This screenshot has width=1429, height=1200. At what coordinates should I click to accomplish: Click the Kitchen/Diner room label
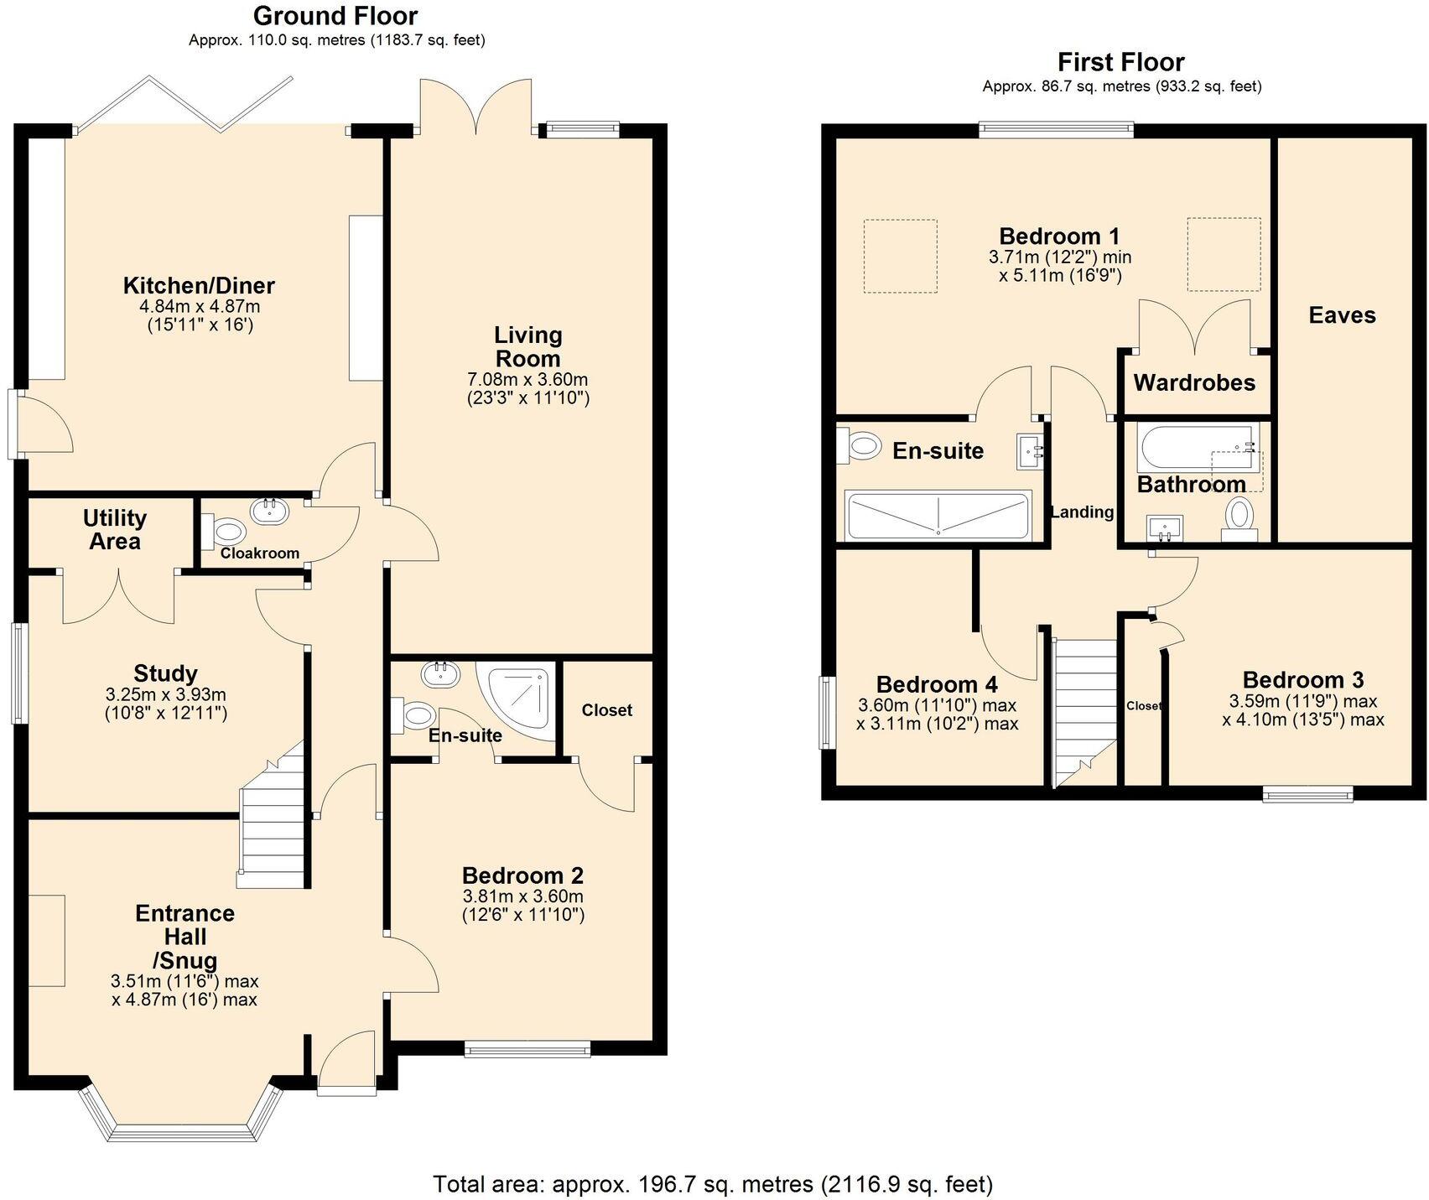(199, 285)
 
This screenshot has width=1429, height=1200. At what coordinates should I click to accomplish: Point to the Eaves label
(1342, 315)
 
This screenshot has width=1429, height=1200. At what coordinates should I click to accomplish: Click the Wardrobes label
(1194, 383)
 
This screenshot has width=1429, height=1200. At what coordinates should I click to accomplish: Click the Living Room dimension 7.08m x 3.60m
(527, 380)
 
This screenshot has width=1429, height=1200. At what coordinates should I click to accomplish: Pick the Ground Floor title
(335, 16)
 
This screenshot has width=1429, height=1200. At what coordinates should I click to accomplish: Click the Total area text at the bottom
(713, 1183)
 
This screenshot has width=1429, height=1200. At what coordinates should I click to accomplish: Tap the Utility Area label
(115, 529)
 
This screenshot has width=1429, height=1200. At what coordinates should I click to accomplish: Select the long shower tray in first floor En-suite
(938, 515)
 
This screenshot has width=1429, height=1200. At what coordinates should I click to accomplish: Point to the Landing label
(1083, 512)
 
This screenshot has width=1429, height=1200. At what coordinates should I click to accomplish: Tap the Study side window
(18, 672)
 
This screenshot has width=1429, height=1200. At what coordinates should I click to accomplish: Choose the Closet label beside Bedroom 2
(607, 710)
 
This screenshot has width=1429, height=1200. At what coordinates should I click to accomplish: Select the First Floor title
(1120, 62)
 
